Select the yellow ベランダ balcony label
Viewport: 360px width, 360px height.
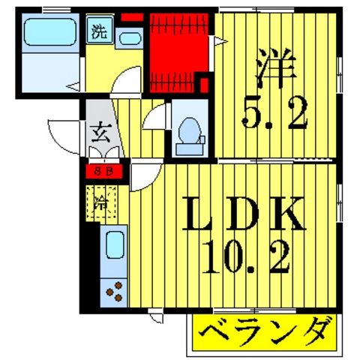pos(266,331)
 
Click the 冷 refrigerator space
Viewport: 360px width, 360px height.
pos(100,200)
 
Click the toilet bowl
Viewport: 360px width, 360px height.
pos(190,133)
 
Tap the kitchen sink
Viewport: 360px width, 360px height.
pos(115,246)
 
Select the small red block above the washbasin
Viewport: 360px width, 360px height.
pos(132,16)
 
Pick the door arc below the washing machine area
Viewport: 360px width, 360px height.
pos(127,79)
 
